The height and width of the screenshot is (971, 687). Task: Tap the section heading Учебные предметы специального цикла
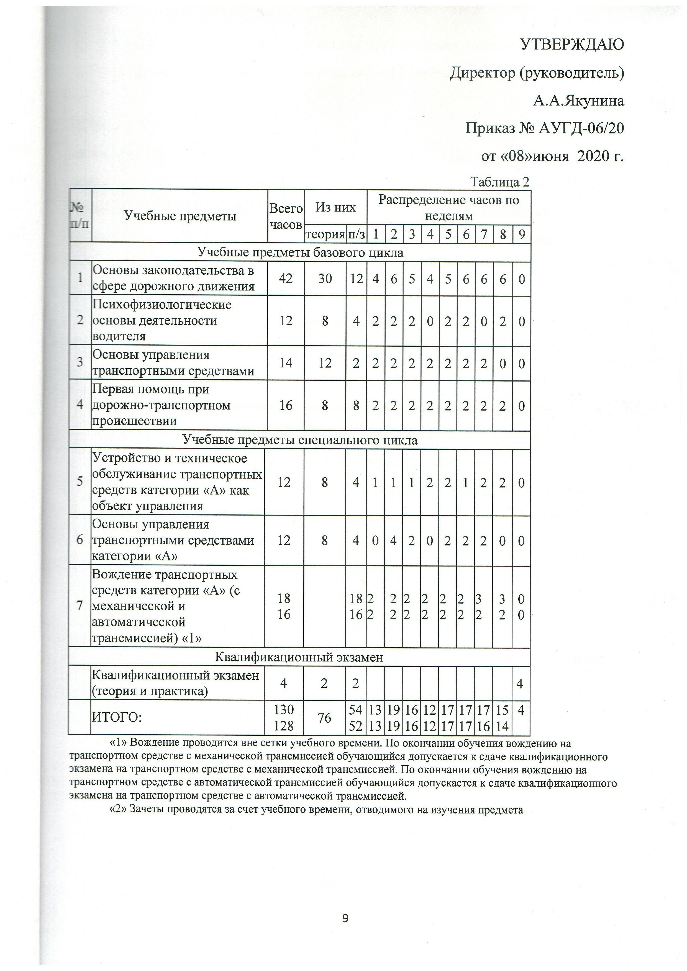pos(300,440)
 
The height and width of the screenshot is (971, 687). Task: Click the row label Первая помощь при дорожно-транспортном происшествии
pos(162,405)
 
